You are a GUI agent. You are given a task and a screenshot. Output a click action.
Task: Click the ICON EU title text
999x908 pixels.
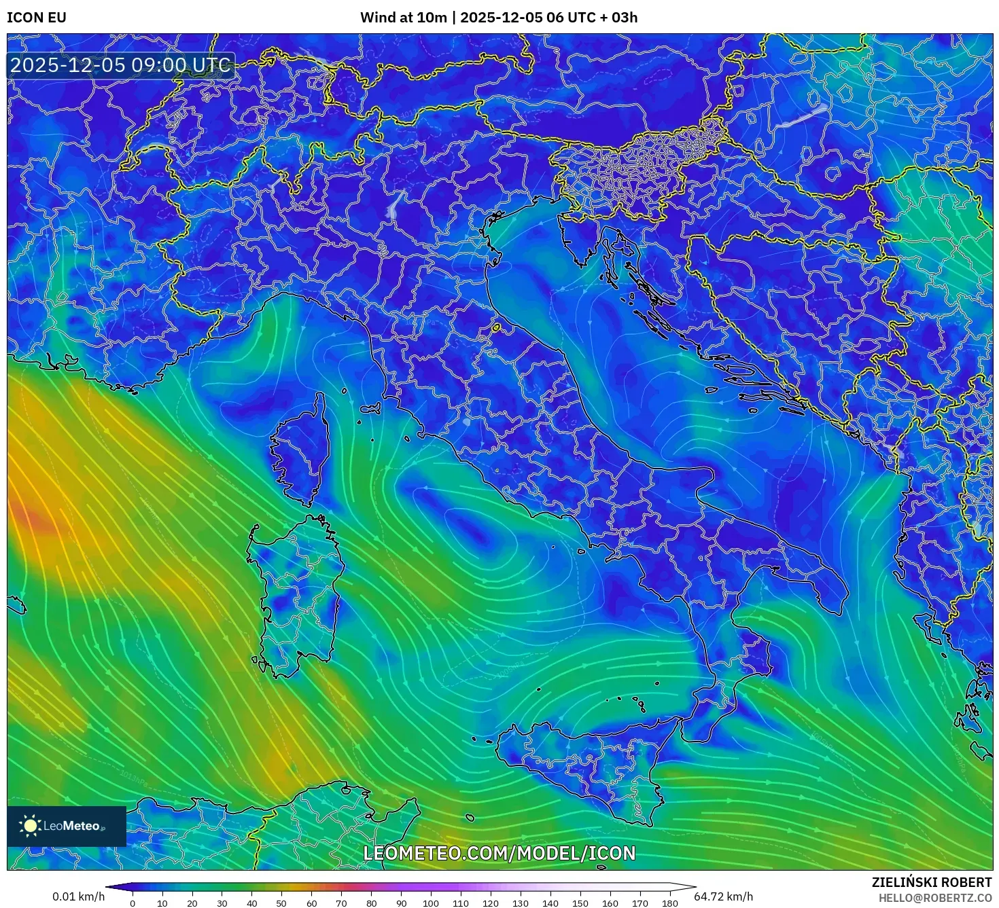37,18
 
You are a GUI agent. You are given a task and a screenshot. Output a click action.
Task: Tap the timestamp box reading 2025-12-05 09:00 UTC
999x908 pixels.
120,65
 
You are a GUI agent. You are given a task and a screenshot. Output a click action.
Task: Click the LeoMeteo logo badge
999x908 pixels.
67,826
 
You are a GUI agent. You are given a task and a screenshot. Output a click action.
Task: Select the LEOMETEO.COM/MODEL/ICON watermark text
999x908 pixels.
500,853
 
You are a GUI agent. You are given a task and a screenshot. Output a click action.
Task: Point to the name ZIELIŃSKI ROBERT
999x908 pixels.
931,882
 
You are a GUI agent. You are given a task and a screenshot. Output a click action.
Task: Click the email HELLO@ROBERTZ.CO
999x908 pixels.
934,898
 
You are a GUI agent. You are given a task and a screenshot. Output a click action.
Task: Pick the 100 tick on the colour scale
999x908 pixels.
431,903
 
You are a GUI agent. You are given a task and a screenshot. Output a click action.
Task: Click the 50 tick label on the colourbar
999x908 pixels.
281,903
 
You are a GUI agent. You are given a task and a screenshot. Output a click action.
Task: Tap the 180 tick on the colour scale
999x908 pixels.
670,903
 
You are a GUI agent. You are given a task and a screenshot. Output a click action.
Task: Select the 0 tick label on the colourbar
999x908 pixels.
133,903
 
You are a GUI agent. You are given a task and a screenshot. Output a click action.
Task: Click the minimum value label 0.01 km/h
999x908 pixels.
79,896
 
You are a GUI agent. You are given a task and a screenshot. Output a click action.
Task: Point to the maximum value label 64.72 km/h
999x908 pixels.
723,896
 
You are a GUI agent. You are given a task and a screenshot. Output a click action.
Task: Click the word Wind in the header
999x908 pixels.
374,18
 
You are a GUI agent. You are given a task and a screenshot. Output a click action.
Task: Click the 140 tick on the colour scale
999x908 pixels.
550,903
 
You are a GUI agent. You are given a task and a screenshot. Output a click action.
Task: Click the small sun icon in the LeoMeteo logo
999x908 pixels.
30,826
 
